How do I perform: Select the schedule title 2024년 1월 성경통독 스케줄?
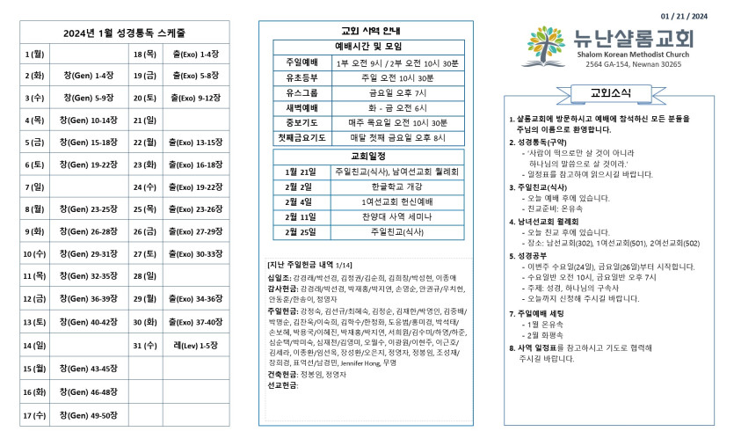tap(124, 33)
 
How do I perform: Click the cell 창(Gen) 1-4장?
tap(89, 76)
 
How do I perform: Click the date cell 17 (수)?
tap(35, 413)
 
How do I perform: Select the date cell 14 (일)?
tap(35, 345)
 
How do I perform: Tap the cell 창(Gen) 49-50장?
tap(89, 413)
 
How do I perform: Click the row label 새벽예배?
tap(301, 107)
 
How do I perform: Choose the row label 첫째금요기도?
tap(302, 137)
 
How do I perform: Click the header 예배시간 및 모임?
tap(367, 46)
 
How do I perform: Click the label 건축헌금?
tap(283, 374)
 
